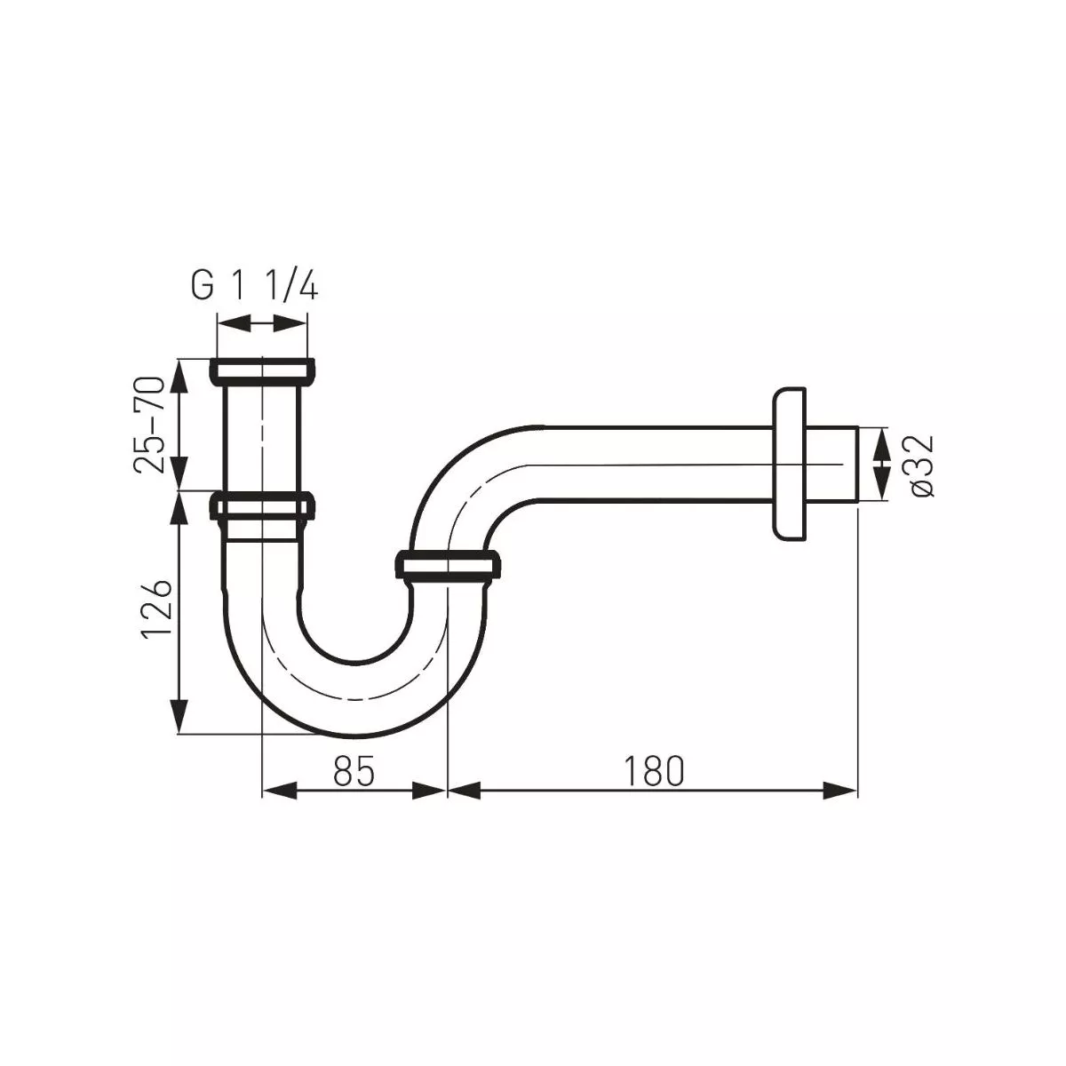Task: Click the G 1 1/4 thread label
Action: point(254,287)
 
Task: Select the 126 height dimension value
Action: point(155,609)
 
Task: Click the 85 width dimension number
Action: point(354,772)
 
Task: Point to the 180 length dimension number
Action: point(653,772)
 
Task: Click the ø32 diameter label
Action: point(920,465)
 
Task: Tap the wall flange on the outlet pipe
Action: point(790,463)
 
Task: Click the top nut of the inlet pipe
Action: point(262,371)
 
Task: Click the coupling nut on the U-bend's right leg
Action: point(447,567)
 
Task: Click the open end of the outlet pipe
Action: point(854,465)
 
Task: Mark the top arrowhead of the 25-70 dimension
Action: point(180,373)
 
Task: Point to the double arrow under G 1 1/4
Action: point(262,326)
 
